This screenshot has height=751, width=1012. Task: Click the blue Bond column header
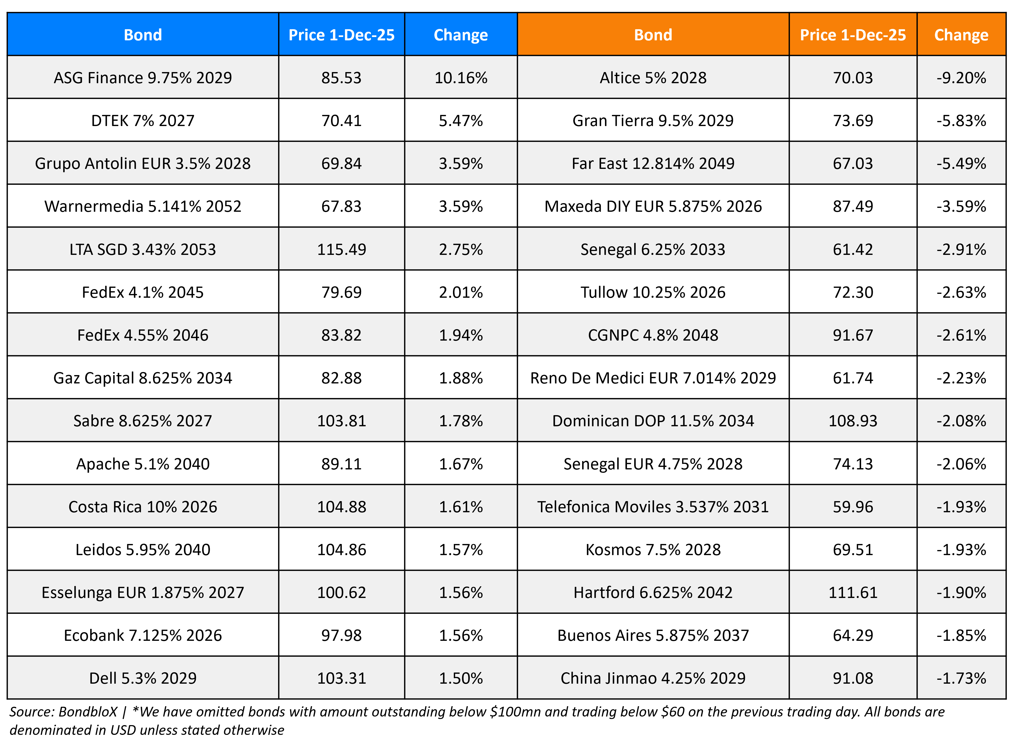(143, 35)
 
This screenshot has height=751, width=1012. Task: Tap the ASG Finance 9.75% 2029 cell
(143, 78)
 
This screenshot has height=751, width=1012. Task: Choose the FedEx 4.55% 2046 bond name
(143, 335)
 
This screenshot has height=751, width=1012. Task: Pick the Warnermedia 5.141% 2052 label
(143, 206)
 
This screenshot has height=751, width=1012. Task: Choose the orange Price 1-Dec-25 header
(852, 35)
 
